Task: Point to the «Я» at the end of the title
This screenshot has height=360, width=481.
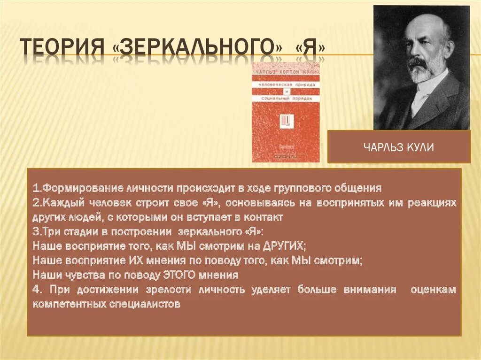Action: point(310,48)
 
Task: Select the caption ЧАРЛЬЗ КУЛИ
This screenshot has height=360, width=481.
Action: point(398,147)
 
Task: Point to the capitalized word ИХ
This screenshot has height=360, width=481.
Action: point(134,260)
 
